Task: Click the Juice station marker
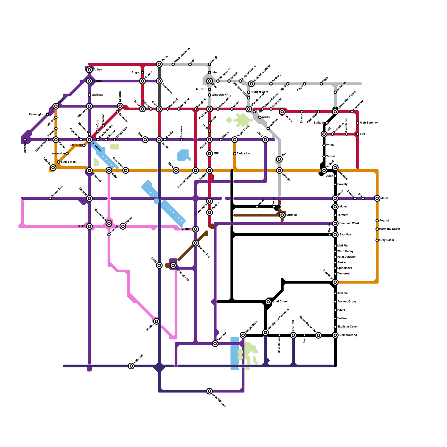click(x=377, y=198)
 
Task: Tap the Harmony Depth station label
click(x=389, y=229)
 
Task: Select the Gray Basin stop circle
click(x=377, y=240)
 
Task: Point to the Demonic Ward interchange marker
click(x=335, y=223)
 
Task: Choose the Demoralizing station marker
click(x=335, y=335)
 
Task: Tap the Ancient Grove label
click(x=347, y=302)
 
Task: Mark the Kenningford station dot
click(x=47, y=115)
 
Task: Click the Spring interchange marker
click(x=89, y=81)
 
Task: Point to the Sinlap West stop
click(x=59, y=162)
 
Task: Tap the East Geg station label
click(x=75, y=145)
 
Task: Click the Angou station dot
click(x=142, y=73)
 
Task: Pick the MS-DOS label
click(x=201, y=89)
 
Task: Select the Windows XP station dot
click(x=210, y=95)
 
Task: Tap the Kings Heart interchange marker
click(x=243, y=335)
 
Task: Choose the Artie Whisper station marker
click(x=210, y=391)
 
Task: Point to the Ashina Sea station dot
click(x=50, y=198)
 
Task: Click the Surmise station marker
click(x=282, y=215)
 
